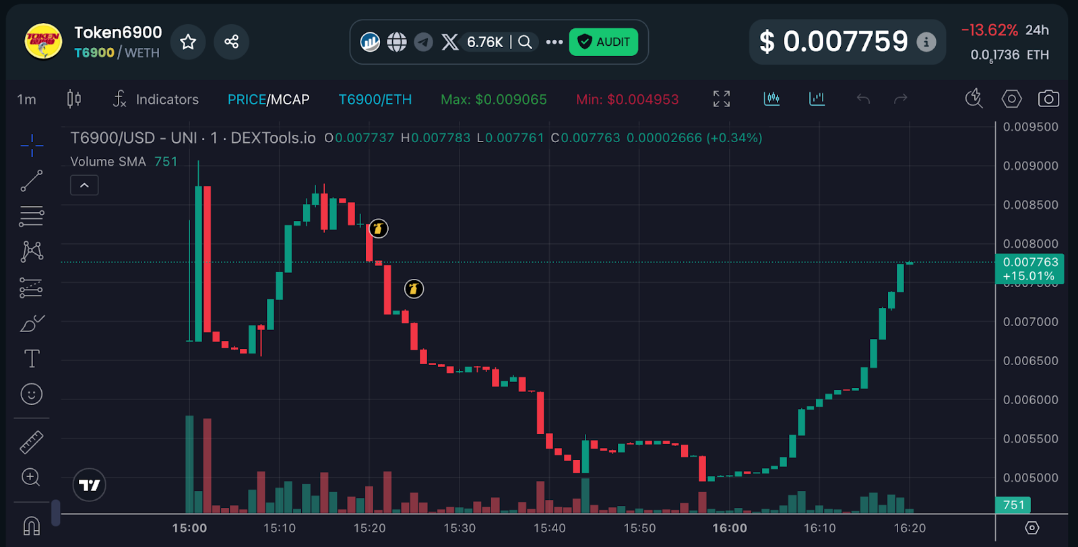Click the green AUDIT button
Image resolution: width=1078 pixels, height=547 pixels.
[603, 42]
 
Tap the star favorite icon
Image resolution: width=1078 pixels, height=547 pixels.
[188, 42]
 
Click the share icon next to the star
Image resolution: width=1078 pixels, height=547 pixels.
[231, 42]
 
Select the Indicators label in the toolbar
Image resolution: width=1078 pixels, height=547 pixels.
[167, 100]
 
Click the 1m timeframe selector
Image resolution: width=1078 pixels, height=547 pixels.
[26, 100]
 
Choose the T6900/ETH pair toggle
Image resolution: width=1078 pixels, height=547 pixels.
[375, 100]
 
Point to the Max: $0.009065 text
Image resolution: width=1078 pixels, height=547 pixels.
[493, 100]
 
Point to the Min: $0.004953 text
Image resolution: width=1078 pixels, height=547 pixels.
[627, 100]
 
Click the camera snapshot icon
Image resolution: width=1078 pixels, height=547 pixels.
[1048, 99]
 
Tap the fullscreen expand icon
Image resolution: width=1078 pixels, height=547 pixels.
[721, 99]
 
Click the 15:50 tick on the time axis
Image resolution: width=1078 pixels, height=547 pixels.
[639, 528]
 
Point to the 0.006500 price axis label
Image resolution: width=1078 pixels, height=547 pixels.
[1030, 361]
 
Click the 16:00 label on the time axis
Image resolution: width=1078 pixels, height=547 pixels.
[730, 528]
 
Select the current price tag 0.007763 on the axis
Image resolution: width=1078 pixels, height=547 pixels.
[1029, 263]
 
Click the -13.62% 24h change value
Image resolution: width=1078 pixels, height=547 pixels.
[989, 30]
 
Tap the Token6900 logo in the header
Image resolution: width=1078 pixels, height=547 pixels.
[43, 42]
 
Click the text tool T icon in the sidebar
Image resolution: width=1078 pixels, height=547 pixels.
[32, 358]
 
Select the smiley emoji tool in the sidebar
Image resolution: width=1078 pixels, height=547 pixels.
[32, 394]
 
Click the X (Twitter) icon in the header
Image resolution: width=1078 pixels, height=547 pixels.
[449, 42]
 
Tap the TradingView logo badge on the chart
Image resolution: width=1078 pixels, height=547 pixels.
[89, 485]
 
